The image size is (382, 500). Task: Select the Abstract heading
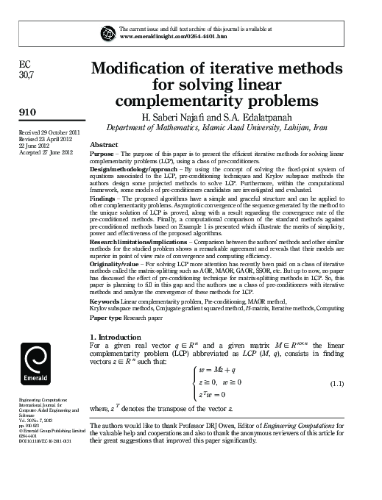103,146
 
